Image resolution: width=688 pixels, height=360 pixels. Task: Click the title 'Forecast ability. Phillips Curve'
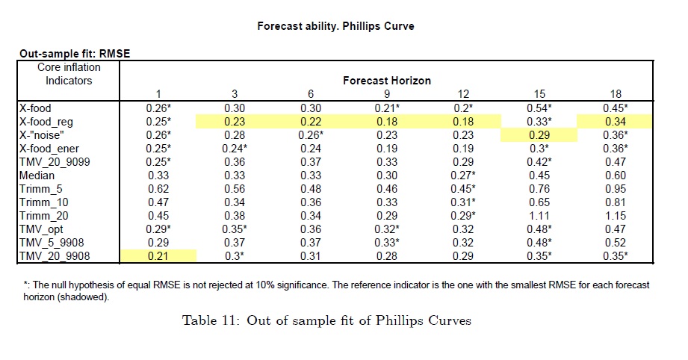click(x=335, y=26)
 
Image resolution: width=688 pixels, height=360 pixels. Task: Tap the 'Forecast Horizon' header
click(x=387, y=80)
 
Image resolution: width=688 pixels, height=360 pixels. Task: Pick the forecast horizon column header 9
click(x=386, y=93)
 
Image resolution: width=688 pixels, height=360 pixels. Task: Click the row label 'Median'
click(x=37, y=176)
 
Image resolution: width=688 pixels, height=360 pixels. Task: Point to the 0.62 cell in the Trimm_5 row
click(x=158, y=189)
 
